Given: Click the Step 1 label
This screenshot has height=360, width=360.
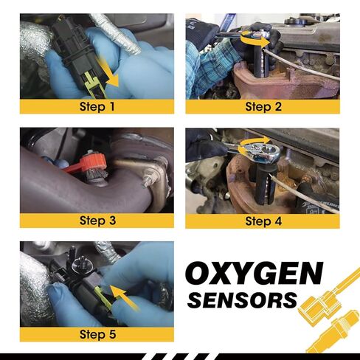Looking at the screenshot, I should pos(97,106).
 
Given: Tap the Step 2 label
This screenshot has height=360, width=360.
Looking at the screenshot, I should pos(263,106).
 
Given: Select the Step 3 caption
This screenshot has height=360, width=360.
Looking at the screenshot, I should pos(97,220).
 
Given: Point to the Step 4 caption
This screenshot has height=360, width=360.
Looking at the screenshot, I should pos(263,220).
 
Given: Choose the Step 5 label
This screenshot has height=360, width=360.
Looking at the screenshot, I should pos(97,334).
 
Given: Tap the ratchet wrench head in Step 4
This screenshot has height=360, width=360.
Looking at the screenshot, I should pos(260,152).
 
